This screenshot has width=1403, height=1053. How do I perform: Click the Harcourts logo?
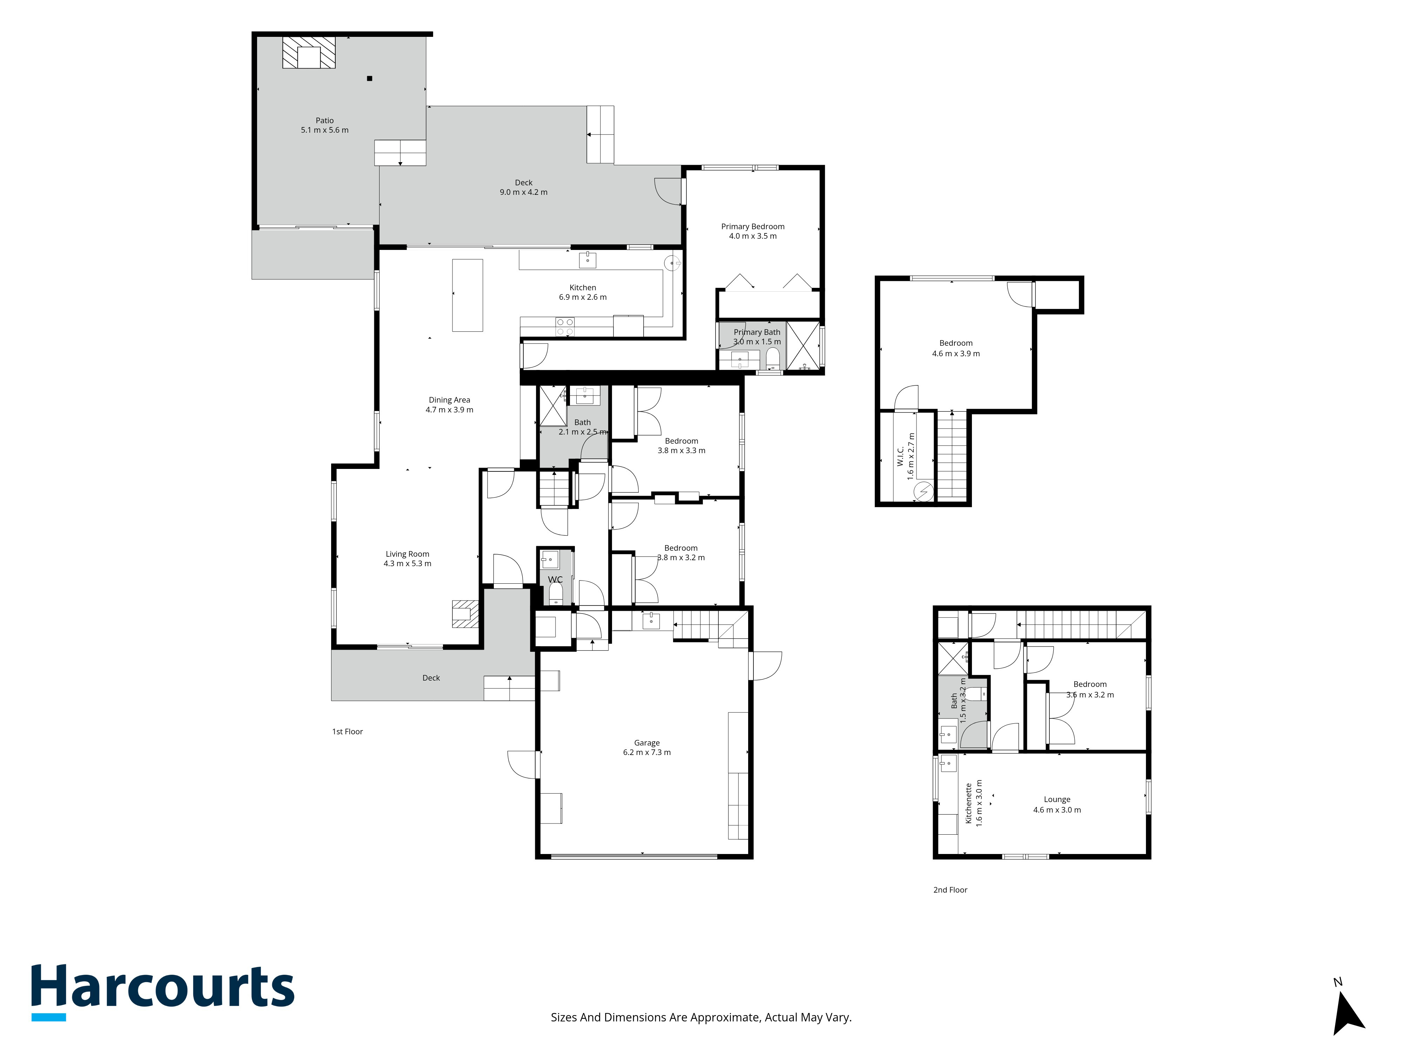pyautogui.click(x=163, y=992)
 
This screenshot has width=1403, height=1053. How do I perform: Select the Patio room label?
pyautogui.click(x=325, y=120)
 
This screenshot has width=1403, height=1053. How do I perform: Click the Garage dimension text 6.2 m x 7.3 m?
pyautogui.click(x=647, y=752)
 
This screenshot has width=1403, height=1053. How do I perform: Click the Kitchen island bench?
pyautogui.click(x=468, y=294)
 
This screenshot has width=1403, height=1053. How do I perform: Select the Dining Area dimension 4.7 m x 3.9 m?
pyautogui.click(x=450, y=409)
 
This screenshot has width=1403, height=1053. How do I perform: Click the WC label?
pyautogui.click(x=555, y=580)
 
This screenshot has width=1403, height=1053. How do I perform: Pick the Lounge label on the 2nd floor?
pyautogui.click(x=1057, y=799)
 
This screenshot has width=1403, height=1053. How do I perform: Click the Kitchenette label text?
pyautogui.click(x=968, y=803)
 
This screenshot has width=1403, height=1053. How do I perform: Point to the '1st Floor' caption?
pyautogui.click(x=348, y=731)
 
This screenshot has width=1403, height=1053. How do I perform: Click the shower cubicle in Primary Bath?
pyautogui.click(x=803, y=346)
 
